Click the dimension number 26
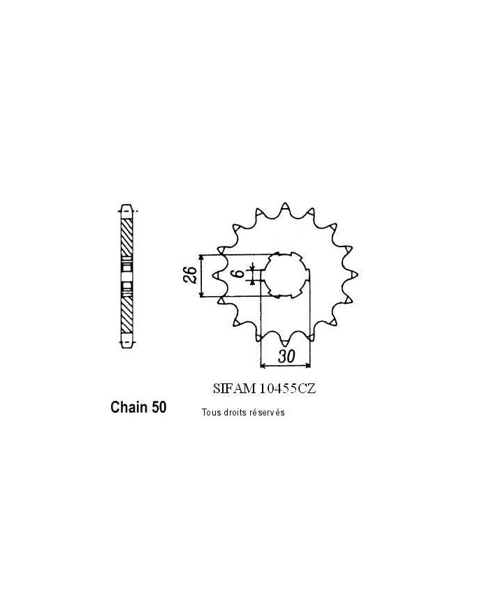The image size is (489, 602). (188, 277)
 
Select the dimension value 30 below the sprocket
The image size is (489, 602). (284, 355)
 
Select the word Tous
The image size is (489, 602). (210, 413)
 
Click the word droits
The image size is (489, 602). (236, 413)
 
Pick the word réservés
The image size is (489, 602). (268, 413)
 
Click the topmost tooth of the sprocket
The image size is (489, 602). (286, 207)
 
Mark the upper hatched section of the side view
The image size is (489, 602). (126, 237)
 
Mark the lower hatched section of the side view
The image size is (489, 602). (126, 313)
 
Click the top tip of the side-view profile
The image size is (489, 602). (126, 207)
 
